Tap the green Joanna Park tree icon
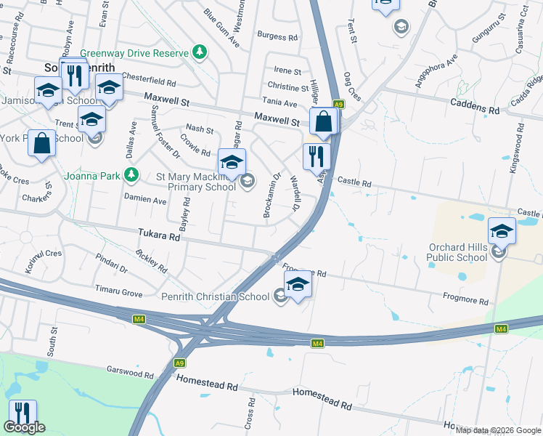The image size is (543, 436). pos(131,174)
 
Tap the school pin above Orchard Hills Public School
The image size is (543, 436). pos(502,231)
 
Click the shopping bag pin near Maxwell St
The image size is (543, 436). pos(324,121)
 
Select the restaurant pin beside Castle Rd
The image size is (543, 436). pos(317,156)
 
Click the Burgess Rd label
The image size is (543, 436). pos(277,36)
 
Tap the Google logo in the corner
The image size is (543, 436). pos(24,427)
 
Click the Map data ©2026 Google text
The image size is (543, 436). pos(498,430)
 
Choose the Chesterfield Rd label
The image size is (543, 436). pos(149,83)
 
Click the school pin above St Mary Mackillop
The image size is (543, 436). pos(232,161)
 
